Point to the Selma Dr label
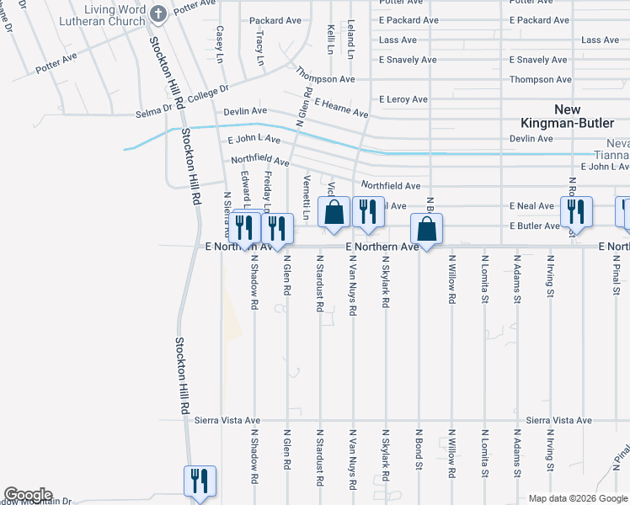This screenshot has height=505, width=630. (153, 114)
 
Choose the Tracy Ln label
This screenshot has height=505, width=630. (260, 50)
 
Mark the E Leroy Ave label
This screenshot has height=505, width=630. (403, 99)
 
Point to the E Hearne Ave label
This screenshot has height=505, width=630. (341, 108)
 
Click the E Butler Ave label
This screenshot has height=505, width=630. (534, 226)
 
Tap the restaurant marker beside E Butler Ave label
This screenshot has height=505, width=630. (576, 211)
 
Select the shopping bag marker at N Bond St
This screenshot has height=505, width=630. (427, 229)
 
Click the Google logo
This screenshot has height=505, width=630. (28, 495)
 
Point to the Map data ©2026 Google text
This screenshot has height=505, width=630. (577, 498)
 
